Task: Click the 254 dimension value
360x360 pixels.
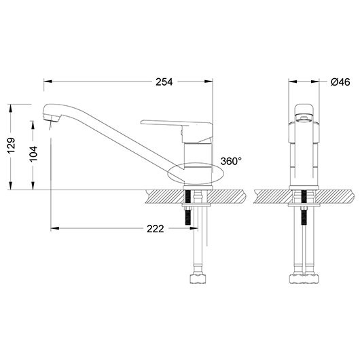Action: point(164,82)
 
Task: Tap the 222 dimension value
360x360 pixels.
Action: point(156,229)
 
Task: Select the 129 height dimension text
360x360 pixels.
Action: point(11,145)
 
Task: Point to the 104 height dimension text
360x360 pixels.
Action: point(33,154)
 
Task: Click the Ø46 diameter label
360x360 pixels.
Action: point(340,82)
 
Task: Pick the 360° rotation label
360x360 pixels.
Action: point(231,161)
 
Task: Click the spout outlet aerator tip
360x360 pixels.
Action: point(51,118)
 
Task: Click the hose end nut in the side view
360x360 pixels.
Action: point(198,278)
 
